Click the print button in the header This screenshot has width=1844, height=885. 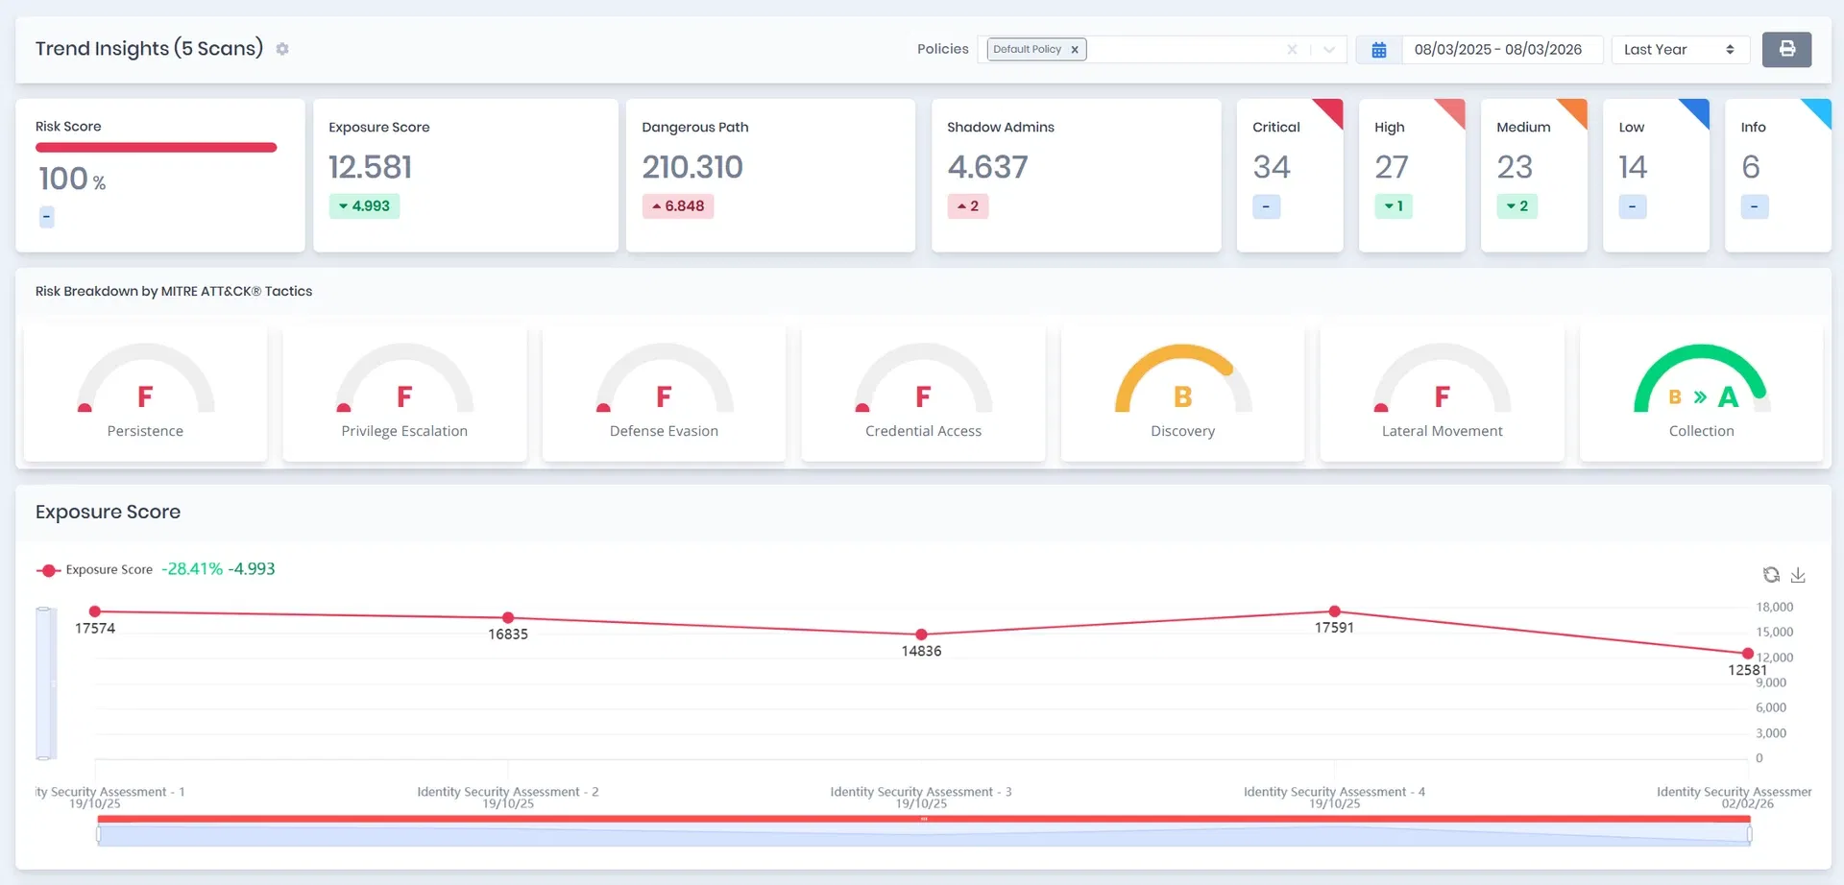pyautogui.click(x=1786, y=49)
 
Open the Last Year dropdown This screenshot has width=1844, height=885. pyautogui.click(x=1680, y=49)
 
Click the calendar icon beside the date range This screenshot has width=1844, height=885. pyautogui.click(x=1378, y=50)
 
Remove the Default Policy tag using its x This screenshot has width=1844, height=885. pyautogui.click(x=1075, y=50)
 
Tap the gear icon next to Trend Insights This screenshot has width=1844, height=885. pyautogui.click(x=282, y=49)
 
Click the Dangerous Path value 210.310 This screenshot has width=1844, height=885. pyautogui.click(x=692, y=167)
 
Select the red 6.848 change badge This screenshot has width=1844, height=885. pyautogui.click(x=678, y=206)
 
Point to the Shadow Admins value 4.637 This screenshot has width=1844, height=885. pyautogui.click(x=987, y=167)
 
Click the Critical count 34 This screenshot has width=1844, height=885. pyautogui.click(x=1272, y=167)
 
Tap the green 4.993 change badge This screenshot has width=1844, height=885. pyautogui.click(x=364, y=206)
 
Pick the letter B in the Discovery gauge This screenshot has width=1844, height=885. pyautogui.click(x=1183, y=396)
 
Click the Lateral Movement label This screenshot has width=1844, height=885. pyautogui.click(x=1442, y=431)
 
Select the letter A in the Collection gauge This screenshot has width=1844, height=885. pyautogui.click(x=1728, y=396)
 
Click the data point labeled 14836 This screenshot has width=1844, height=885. pyautogui.click(x=921, y=634)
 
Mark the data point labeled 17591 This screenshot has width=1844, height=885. pyautogui.click(x=1334, y=611)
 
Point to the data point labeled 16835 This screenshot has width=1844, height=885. pyautogui.click(x=508, y=618)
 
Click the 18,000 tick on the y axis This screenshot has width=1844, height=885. pyautogui.click(x=1775, y=607)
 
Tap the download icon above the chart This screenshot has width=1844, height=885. pyautogui.click(x=1798, y=575)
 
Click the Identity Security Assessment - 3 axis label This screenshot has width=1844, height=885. pyautogui.click(x=921, y=792)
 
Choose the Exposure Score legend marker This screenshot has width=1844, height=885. pyautogui.click(x=48, y=570)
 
